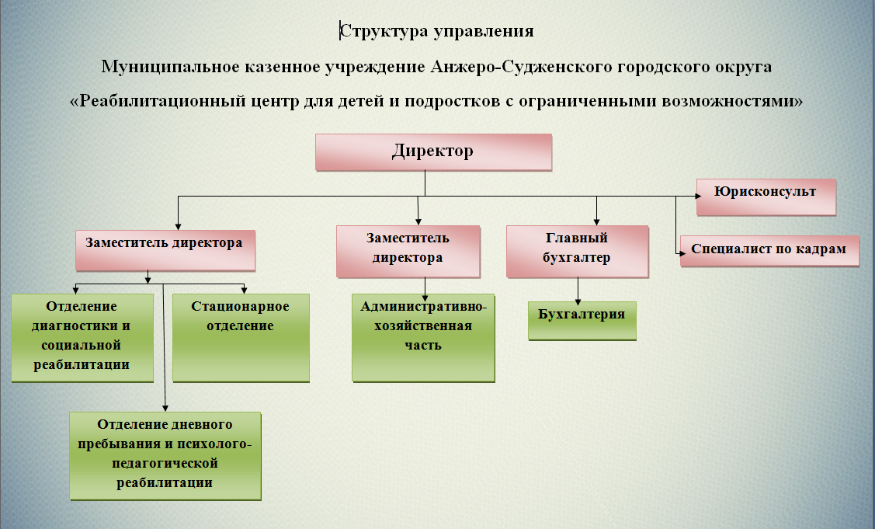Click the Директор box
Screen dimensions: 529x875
point(433,151)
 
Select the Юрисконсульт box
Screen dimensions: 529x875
point(766,197)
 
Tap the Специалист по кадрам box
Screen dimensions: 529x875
point(769,250)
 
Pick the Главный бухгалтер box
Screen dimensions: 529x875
point(577,251)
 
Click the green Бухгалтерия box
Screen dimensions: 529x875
point(582,320)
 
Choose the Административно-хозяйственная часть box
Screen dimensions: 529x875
point(423,337)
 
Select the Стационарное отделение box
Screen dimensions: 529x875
point(241,337)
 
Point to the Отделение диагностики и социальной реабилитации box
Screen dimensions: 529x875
point(82,337)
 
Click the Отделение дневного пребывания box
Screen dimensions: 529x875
point(165,455)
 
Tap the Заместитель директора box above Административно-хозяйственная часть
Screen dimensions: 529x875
point(408,251)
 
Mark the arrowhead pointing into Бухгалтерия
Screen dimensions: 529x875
point(578,300)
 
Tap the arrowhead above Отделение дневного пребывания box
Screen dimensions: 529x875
point(165,409)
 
